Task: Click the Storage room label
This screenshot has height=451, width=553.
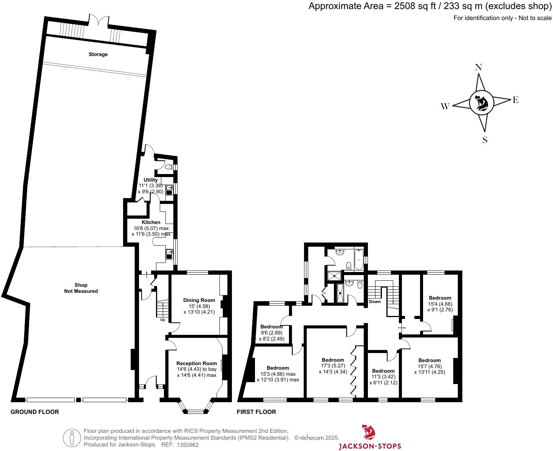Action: (x=98, y=54)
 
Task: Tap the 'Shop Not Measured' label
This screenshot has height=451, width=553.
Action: (x=81, y=288)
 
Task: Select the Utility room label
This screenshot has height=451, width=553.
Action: (x=151, y=180)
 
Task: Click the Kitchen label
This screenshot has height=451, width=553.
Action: (x=151, y=222)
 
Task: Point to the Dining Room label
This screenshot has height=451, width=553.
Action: (x=199, y=300)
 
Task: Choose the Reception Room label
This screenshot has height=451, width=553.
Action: (x=197, y=363)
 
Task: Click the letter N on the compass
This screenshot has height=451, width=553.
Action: (x=478, y=67)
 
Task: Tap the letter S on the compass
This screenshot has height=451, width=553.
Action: (x=485, y=140)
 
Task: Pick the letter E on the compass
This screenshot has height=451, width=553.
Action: (x=515, y=100)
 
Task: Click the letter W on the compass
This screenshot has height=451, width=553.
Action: (x=445, y=107)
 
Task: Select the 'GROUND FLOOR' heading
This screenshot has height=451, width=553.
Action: (x=35, y=412)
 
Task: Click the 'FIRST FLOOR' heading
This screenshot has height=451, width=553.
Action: (x=256, y=412)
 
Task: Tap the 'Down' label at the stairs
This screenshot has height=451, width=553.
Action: (x=375, y=302)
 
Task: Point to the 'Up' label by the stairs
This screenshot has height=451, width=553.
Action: (x=163, y=320)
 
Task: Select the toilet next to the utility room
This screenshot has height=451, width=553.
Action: (x=168, y=166)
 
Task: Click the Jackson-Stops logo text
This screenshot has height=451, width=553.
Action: (x=369, y=446)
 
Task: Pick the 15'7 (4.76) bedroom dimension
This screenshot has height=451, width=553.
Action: (x=429, y=366)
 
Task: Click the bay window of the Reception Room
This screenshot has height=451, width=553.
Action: (x=196, y=411)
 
